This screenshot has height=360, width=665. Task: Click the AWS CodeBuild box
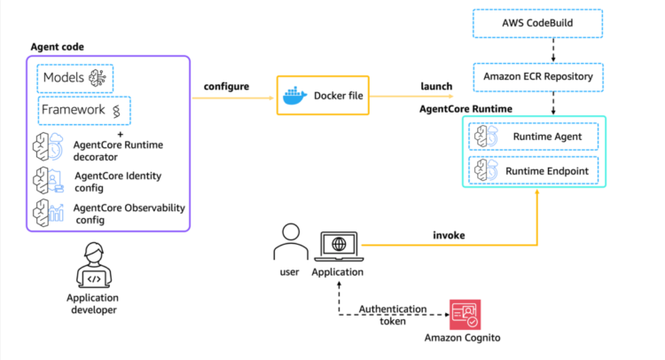coord(537,22)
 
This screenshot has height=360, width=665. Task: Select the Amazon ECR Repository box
coord(537,77)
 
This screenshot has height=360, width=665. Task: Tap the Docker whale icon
coord(293,96)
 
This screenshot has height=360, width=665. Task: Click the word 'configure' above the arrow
coord(227,86)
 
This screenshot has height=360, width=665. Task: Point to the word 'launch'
coord(437,86)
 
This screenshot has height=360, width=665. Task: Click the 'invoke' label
coord(450,236)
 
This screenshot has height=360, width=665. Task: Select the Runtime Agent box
coord(536,137)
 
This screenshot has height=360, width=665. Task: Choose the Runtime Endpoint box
coord(536,168)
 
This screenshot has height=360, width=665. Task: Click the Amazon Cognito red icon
coord(465,315)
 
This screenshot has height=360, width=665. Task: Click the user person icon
coord(286,241)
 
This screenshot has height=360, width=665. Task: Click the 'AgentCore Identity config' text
coord(119,181)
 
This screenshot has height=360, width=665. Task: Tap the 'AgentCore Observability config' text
coord(129,213)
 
